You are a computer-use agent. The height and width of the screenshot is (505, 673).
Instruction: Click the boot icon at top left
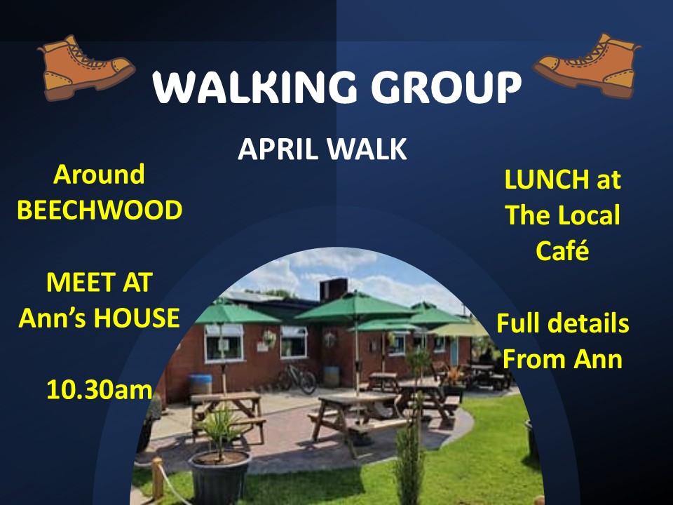coord(84,68)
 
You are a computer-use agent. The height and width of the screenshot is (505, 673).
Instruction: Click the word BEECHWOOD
coord(100,210)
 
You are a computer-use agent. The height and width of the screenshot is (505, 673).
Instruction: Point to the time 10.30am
coord(99,389)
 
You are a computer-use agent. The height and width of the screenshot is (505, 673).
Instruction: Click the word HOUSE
coord(137,318)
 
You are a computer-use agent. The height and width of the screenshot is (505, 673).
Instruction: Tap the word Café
coord(562,250)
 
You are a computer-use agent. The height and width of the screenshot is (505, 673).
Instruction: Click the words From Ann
coord(562,360)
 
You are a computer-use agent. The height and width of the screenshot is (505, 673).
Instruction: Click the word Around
coord(99,174)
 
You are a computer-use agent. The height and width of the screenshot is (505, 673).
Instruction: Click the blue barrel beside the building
coord(200,384)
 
